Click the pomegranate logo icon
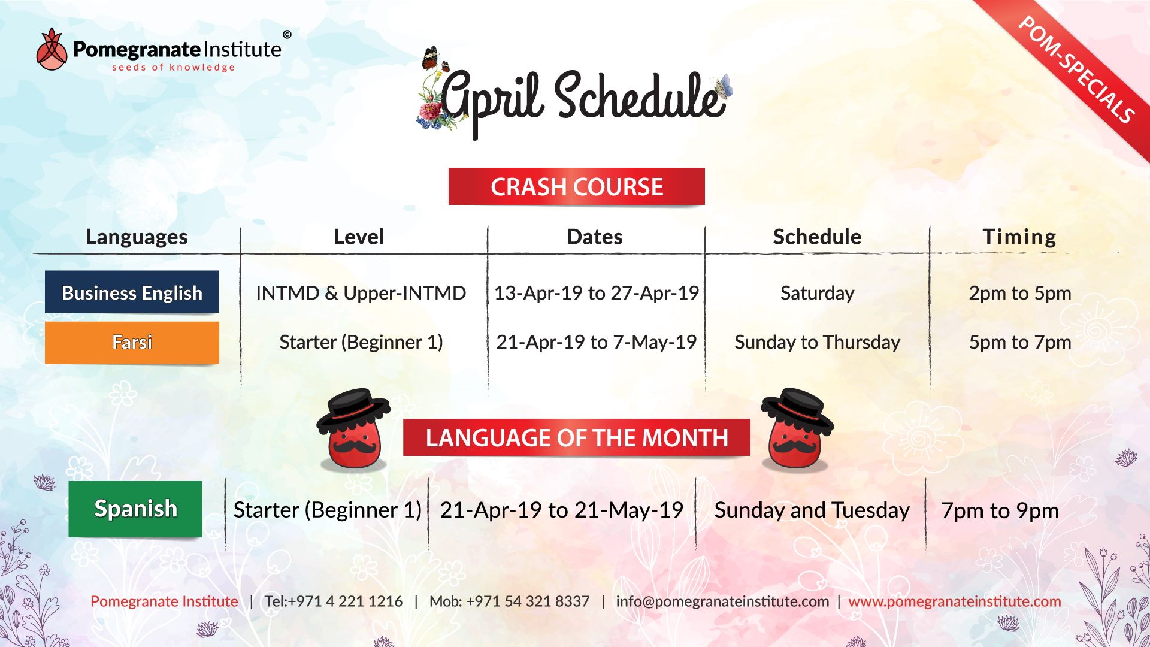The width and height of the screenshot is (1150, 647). pyautogui.click(x=52, y=49)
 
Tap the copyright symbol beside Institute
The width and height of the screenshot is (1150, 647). pyautogui.click(x=287, y=35)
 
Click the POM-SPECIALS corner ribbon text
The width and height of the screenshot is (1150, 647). pyautogui.click(x=1076, y=69)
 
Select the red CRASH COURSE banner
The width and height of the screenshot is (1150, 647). pyautogui.click(x=576, y=186)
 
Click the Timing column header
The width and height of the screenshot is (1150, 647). pyautogui.click(x=1019, y=237)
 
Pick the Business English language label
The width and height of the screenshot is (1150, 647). pyautogui.click(x=132, y=292)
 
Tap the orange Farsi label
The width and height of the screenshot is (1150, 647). pyautogui.click(x=132, y=342)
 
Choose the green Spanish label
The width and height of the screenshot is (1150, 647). pyautogui.click(x=135, y=509)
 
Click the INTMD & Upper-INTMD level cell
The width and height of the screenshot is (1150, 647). pyautogui.click(x=361, y=293)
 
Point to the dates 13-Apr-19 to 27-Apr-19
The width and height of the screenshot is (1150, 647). pyautogui.click(x=596, y=293)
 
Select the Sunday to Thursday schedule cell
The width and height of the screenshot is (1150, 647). pyautogui.click(x=817, y=342)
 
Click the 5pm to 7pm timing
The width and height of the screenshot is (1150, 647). pyautogui.click(x=1020, y=342)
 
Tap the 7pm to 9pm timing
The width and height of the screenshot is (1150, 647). pyautogui.click(x=1000, y=510)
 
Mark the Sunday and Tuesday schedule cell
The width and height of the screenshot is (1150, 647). pyautogui.click(x=812, y=510)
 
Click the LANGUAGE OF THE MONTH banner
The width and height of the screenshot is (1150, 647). pyautogui.click(x=576, y=437)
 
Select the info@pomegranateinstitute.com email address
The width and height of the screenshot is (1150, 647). pyautogui.click(x=722, y=601)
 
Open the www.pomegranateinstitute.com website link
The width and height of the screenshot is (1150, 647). pyautogui.click(x=954, y=601)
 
